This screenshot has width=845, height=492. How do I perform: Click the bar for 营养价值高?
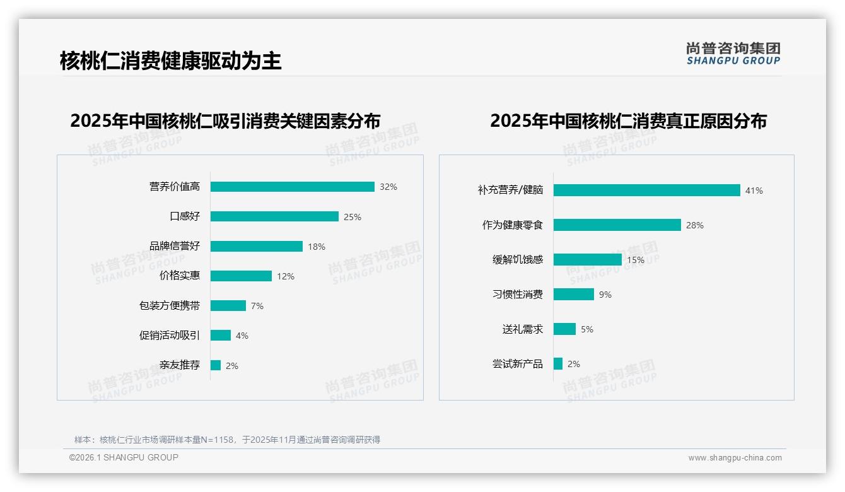coord(293,187)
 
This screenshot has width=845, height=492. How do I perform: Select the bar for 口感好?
coord(274,216)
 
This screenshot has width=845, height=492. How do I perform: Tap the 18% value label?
coord(317,247)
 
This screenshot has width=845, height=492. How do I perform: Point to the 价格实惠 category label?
coord(180,276)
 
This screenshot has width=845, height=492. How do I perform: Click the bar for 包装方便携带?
coord(228,305)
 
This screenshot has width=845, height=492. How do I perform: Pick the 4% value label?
coord(242,336)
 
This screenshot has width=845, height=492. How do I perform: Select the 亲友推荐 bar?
coord(216,365)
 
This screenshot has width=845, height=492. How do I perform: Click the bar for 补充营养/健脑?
coord(647,190)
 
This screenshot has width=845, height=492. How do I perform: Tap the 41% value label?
coord(754,190)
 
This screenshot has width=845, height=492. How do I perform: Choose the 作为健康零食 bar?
coord(617,225)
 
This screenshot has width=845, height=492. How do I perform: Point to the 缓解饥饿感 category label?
coord(518,259)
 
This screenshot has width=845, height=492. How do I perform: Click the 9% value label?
coord(605,295)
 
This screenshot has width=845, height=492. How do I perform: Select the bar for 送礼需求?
coord(565,329)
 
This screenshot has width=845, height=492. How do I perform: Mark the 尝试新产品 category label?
coord(518,364)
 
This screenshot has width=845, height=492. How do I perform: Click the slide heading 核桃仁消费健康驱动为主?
coord(170,61)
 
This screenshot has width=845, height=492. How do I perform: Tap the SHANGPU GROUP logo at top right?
coord(733,54)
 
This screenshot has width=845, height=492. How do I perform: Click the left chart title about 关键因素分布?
coord(225,120)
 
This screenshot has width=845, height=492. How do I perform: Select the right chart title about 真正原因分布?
coord(628,120)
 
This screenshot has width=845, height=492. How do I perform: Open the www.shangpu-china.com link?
coord(735,458)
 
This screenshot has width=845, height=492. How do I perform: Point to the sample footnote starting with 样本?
coord(227,440)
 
